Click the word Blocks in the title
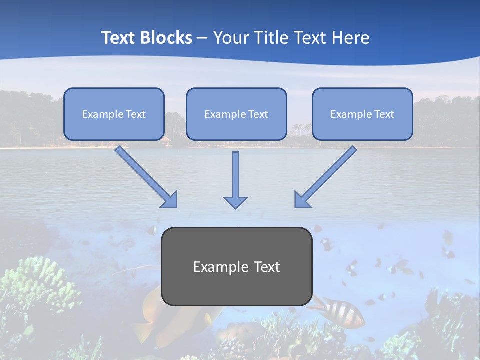tap(167, 38)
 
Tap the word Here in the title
tap(352, 38)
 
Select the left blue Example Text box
tap(114, 114)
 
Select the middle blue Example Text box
tap(236, 114)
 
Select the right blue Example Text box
tap(362, 114)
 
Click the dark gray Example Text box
tap(237, 266)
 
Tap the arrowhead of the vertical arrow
tap(235, 202)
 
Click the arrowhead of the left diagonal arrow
tap(170, 199)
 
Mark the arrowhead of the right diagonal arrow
tap(302, 199)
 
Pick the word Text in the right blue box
tap(384, 114)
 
